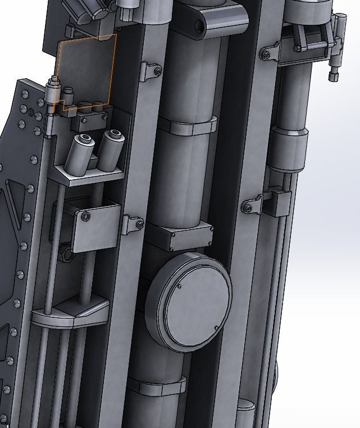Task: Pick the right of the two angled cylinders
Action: [x=110, y=150]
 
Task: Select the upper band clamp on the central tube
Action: [x=187, y=126]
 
